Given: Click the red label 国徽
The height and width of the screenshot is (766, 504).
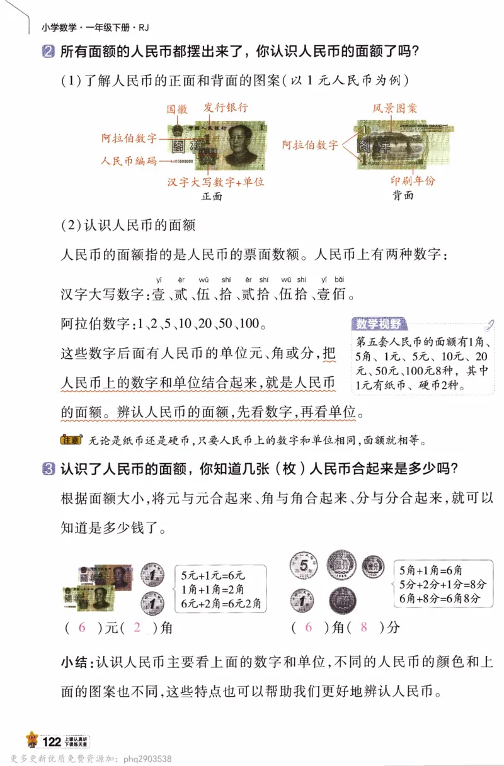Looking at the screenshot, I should coord(177,108).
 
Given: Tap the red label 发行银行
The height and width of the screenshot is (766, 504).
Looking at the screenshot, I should coord(226,108).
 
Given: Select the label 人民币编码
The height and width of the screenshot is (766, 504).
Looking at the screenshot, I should coord(129,161).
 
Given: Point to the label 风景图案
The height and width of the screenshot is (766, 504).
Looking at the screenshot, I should coord(395,108).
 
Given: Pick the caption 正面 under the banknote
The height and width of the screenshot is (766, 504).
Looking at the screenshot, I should coord(212,196).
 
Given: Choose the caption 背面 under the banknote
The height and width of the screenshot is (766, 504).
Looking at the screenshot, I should coord(403,194).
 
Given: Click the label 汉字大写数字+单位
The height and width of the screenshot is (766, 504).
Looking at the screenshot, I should coord(215,182).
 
